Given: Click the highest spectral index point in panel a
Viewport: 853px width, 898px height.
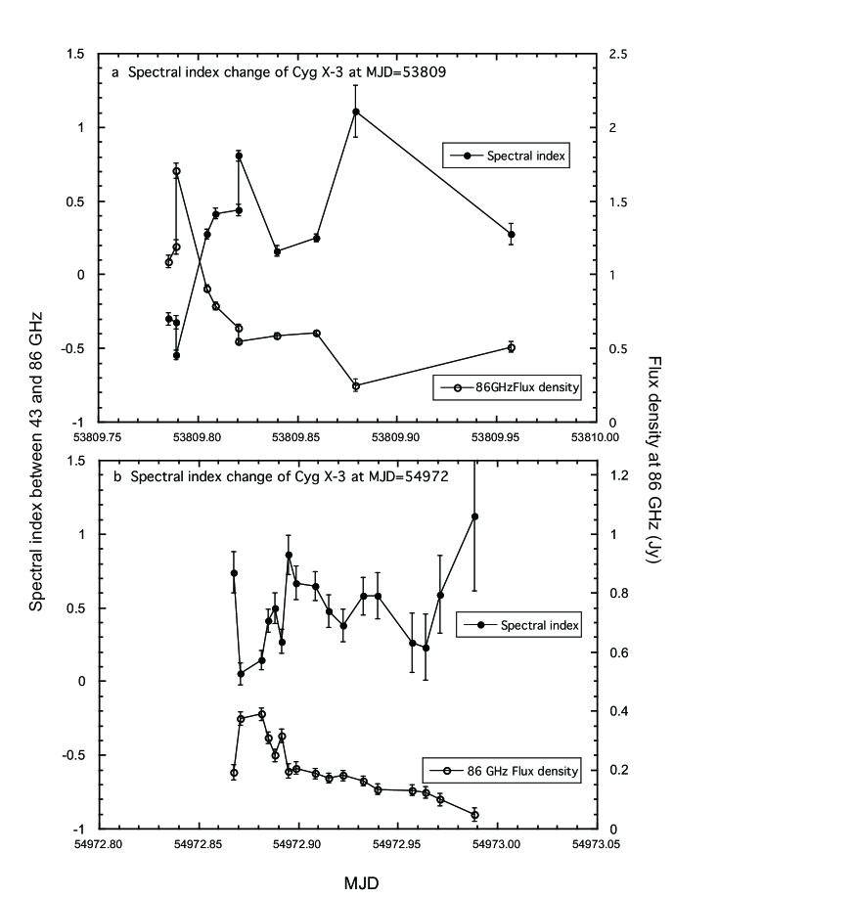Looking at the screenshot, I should pyautogui.click(x=356, y=112).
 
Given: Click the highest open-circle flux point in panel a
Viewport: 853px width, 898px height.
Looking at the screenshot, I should pyautogui.click(x=177, y=171).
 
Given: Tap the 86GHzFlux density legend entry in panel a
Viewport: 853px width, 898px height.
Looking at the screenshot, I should pyautogui.click(x=508, y=387).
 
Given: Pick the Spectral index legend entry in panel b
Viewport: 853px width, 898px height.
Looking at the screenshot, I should pyautogui.click(x=517, y=624).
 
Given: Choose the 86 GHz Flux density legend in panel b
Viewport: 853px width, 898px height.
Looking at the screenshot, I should pyautogui.click(x=503, y=771).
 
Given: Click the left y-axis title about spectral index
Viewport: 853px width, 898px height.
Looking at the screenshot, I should pyautogui.click(x=36, y=442).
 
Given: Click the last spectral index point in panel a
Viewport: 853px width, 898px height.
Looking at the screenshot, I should pyautogui.click(x=511, y=235).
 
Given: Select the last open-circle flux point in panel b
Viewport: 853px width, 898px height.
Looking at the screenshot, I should pyautogui.click(x=474, y=814).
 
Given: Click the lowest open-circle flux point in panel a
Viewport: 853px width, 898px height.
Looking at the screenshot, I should pyautogui.click(x=356, y=385).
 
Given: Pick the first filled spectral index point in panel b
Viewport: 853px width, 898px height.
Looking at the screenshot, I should pyautogui.click(x=234, y=573).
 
